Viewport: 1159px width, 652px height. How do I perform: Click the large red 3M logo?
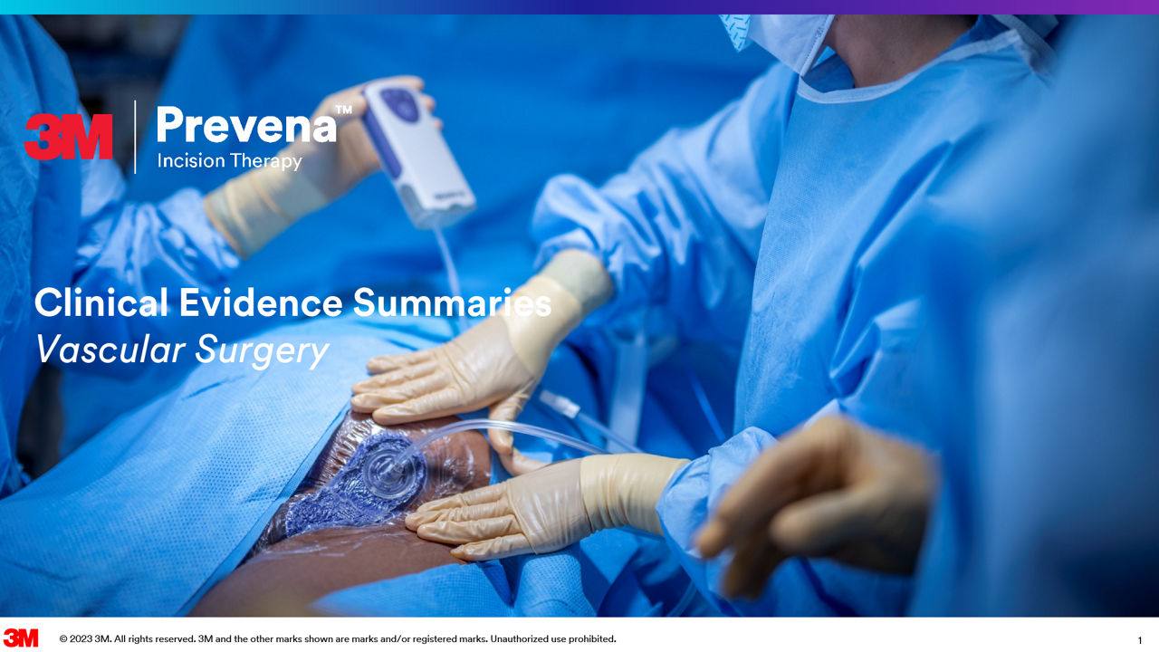68,137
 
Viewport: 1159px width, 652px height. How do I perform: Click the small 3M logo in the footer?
21,638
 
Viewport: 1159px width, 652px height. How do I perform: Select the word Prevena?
246,125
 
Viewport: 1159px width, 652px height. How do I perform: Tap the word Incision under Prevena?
191,161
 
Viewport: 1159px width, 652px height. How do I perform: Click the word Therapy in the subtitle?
266,162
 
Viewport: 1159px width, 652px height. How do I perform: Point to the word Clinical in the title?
101,302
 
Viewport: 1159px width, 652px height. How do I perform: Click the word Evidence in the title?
261,302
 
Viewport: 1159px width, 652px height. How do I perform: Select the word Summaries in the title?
452,302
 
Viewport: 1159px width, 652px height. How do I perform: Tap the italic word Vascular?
110,350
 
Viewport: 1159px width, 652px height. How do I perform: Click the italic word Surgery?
262,352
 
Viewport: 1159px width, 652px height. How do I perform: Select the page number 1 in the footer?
1140,640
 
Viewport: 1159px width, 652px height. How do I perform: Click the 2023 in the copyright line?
81,639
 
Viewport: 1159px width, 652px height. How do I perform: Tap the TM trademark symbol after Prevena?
344,110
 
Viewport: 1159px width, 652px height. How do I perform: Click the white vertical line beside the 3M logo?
135,137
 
